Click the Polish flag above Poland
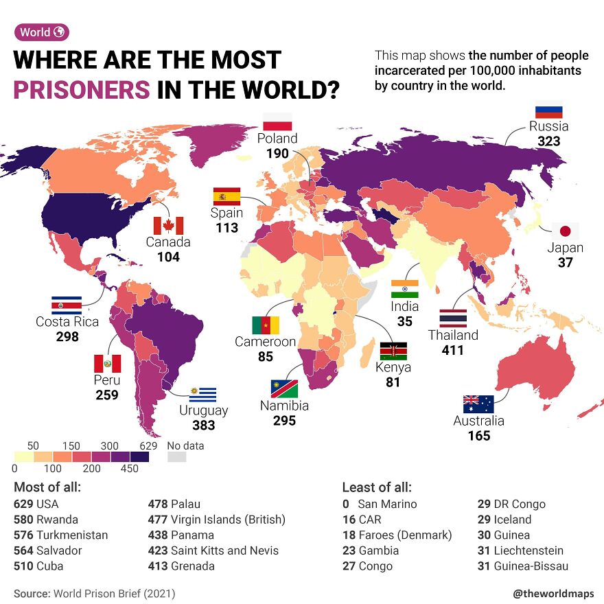tap(278, 121)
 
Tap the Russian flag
tap(548, 110)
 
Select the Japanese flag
tap(566, 231)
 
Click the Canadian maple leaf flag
tap(168, 226)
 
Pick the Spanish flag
tap(226, 196)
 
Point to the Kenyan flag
tap(393, 351)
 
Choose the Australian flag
tap(478, 404)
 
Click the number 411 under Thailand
tap(452, 350)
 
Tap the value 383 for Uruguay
tap(203, 425)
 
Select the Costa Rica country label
tap(67, 321)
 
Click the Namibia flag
tap(284, 388)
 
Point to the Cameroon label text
tap(265, 341)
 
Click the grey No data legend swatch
tap(177, 457)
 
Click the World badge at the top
tap(42, 32)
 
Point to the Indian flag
tap(405, 288)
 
